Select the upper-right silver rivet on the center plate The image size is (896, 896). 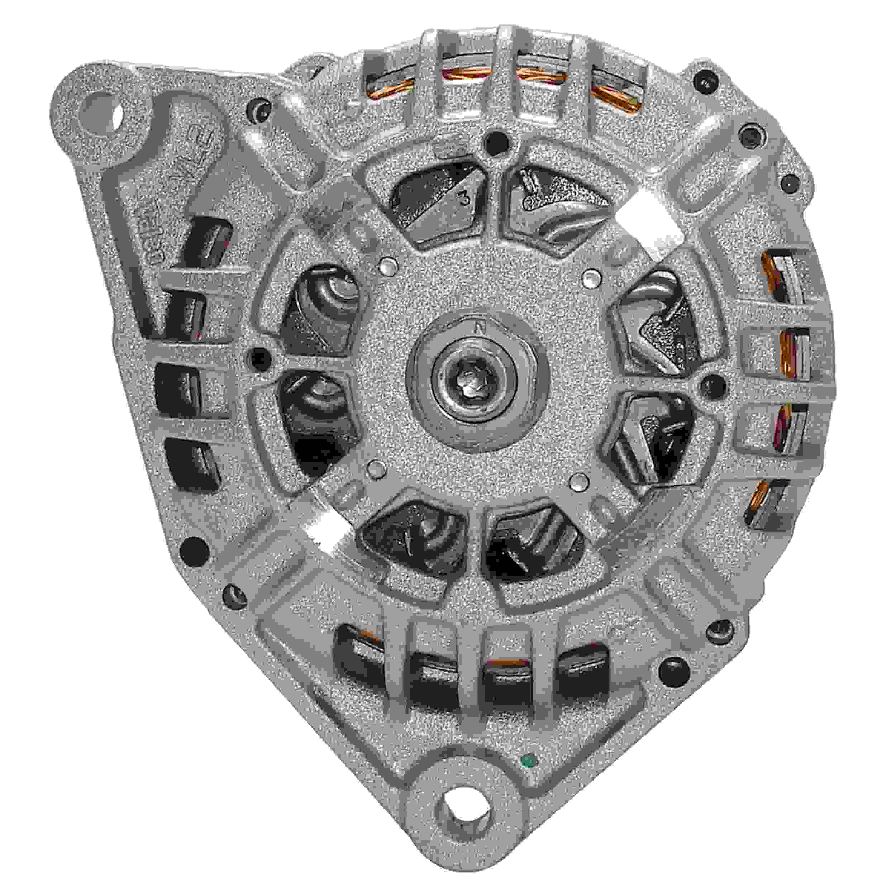[x=590, y=278]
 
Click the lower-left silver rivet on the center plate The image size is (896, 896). [x=375, y=470]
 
